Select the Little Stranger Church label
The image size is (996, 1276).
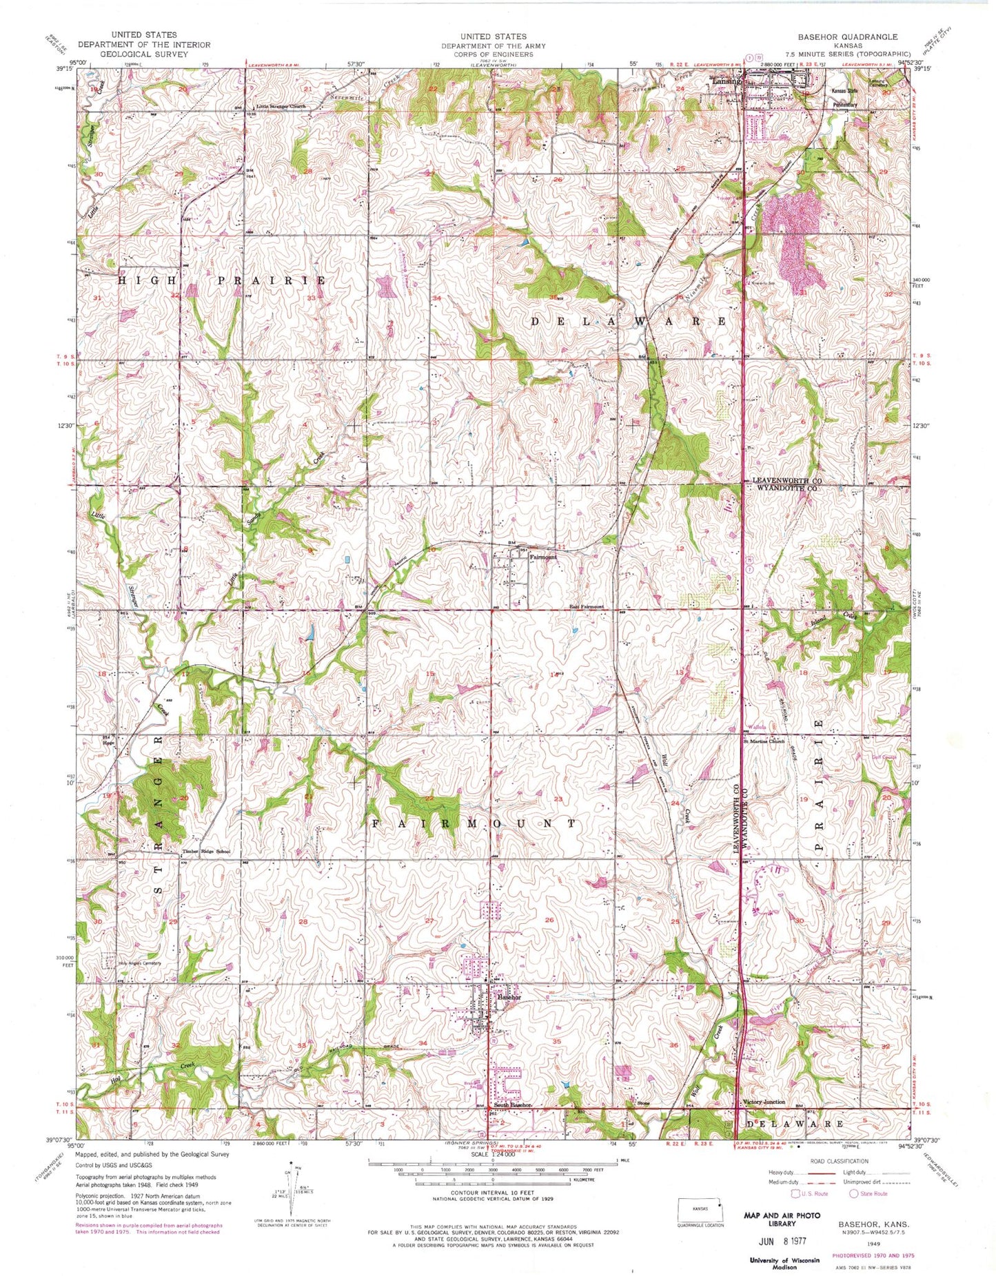point(281,107)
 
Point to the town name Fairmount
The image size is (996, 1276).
point(543,557)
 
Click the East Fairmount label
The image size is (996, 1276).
point(586,607)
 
